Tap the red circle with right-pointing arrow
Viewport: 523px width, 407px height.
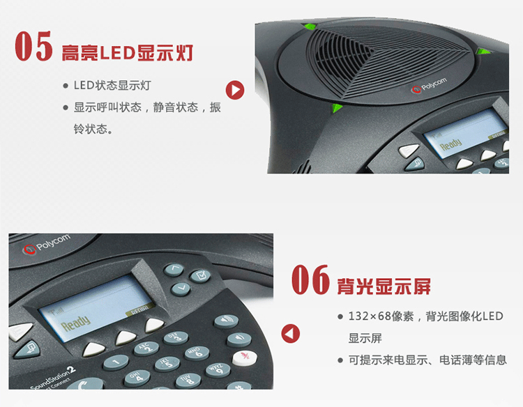click(x=235, y=90)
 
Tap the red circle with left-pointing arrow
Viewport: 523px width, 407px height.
click(x=290, y=334)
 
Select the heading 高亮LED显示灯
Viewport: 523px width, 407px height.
click(x=128, y=52)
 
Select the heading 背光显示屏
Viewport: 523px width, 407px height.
click(x=384, y=286)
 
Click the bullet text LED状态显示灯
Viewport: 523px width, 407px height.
click(x=112, y=86)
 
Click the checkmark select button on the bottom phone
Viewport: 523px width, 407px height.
click(x=199, y=276)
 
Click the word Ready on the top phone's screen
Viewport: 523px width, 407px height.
click(x=450, y=145)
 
